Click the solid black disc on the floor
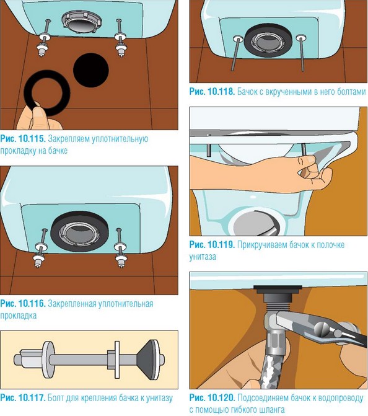[91, 70]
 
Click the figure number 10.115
[32, 138]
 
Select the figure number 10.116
[32, 304]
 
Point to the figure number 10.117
[32, 397]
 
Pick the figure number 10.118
[221, 92]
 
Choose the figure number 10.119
[221, 245]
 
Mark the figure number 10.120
[221, 397]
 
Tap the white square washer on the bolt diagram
[116, 360]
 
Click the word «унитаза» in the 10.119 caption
[203, 257]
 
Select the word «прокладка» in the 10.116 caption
[19, 316]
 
